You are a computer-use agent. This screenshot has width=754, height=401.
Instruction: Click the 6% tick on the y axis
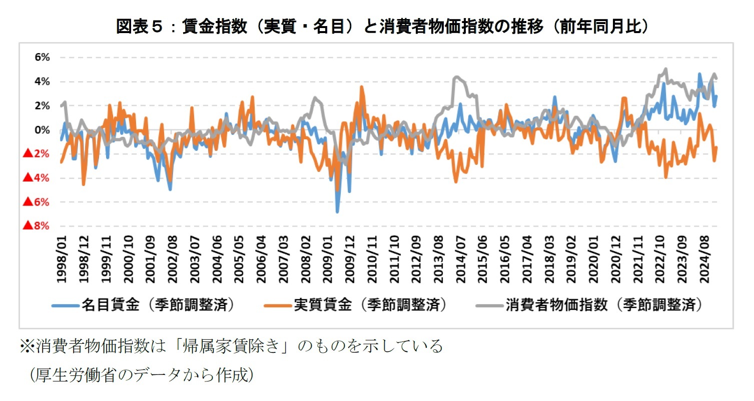click(x=42, y=57)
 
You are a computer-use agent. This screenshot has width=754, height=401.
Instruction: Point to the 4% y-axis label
click(x=42, y=81)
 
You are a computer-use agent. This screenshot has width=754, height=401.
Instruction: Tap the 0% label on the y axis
click(x=42, y=130)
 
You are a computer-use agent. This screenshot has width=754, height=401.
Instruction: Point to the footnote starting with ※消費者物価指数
click(x=231, y=346)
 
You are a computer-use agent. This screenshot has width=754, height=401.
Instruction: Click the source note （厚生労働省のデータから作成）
click(x=141, y=375)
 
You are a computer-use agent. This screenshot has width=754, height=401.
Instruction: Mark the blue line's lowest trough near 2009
click(x=338, y=212)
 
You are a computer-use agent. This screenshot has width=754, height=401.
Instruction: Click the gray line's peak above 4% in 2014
click(x=455, y=77)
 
